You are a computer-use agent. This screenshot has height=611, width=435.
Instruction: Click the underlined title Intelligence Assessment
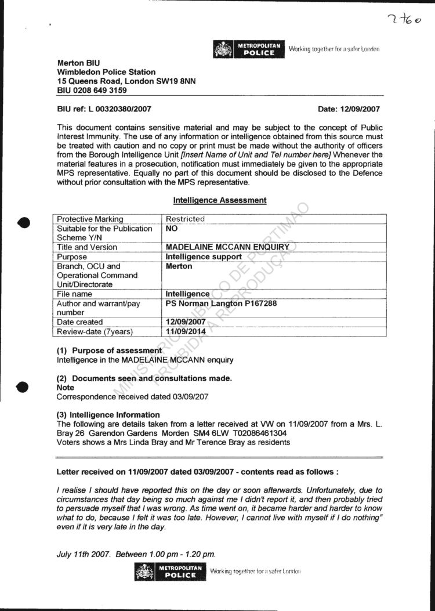[x=220, y=200]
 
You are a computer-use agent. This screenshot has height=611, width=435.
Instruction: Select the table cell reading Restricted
[x=185, y=219]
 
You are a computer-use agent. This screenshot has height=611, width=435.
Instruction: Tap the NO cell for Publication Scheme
[x=172, y=229]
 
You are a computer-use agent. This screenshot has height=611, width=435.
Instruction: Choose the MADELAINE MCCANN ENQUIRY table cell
[x=227, y=247]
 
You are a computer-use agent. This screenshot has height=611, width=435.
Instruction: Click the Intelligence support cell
[x=204, y=256]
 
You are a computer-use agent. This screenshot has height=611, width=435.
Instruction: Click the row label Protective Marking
[x=90, y=219]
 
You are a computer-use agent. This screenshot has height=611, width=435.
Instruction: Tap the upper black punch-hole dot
[x=24, y=222]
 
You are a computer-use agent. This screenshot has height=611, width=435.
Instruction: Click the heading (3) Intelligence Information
[x=108, y=415]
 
